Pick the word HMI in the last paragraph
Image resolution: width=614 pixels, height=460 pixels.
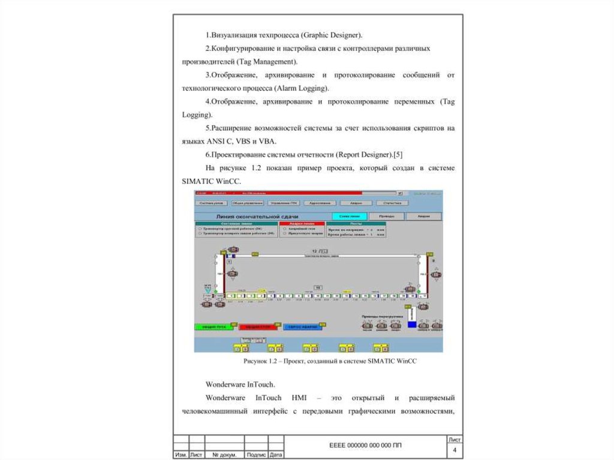(299, 398)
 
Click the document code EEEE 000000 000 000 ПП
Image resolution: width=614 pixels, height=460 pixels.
(365, 446)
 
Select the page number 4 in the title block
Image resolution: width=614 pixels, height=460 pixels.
(455, 450)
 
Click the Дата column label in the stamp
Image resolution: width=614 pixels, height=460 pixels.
(276, 455)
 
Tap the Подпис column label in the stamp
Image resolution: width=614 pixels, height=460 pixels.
(256, 455)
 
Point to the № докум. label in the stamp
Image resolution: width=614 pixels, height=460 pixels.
(224, 455)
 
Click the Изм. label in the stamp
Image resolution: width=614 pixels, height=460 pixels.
(180, 455)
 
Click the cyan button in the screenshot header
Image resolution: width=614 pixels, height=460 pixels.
(349, 216)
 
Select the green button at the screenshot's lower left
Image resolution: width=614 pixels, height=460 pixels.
(212, 327)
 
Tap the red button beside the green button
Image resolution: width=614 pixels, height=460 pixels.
(259, 327)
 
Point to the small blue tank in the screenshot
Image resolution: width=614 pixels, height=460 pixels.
(412, 324)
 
